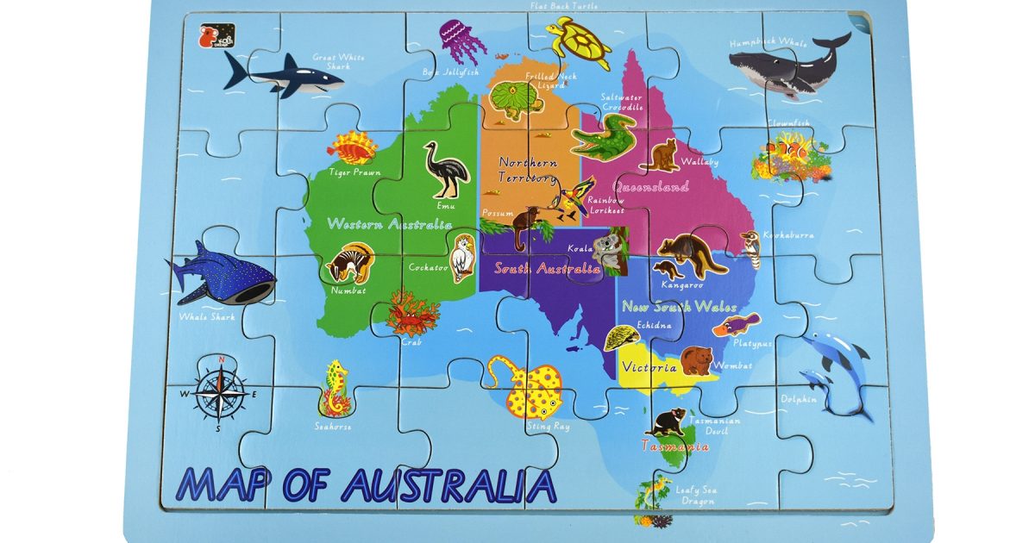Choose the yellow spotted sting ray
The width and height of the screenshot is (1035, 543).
pyautogui.click(x=526, y=387)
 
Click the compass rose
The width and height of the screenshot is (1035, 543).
pyautogui.click(x=221, y=393)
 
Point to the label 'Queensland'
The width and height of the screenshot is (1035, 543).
pyautogui.click(x=650, y=186)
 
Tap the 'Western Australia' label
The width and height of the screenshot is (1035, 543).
pyautogui.click(x=389, y=224)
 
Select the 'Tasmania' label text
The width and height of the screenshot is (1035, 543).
pyautogui.click(x=675, y=446)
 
